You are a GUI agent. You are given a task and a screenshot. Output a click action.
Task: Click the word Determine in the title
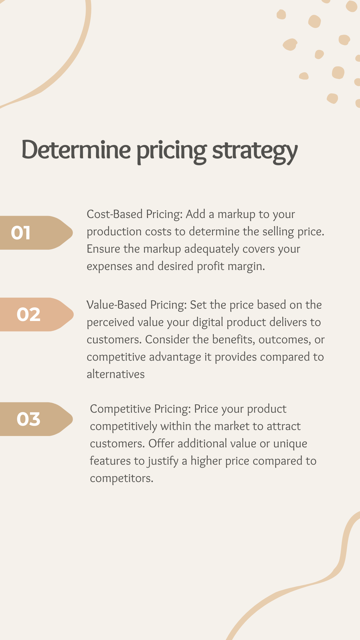(x=76, y=150)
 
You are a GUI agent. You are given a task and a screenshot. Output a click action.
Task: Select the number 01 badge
(x=36, y=233)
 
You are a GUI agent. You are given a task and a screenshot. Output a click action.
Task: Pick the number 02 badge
(x=37, y=314)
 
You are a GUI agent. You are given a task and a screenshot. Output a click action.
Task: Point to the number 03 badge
(x=36, y=419)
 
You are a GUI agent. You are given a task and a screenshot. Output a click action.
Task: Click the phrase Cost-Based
(x=115, y=214)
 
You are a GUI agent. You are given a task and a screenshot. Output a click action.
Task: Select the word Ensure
(x=103, y=249)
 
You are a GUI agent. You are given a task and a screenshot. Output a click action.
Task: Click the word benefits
(x=234, y=340)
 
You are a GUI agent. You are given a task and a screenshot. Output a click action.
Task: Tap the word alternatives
(x=116, y=374)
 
